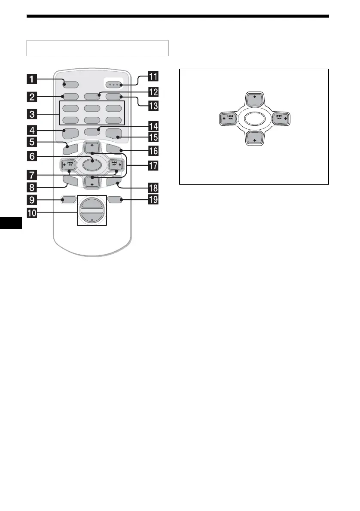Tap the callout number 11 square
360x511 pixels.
(153, 77)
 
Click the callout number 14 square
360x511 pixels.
(153, 126)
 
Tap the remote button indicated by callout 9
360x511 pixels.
(67, 199)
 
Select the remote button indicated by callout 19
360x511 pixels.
(116, 199)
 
